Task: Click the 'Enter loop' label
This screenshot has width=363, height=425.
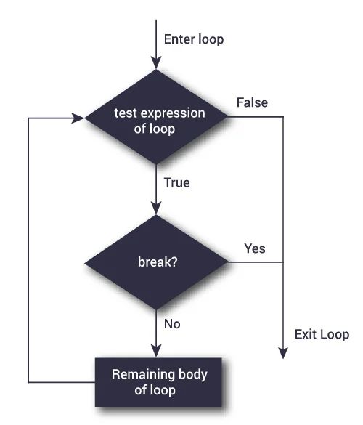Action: point(194,39)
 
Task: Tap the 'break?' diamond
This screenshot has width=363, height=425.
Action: point(156,261)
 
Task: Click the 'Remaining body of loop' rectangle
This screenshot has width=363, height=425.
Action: point(159,381)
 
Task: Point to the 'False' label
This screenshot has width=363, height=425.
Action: point(252,102)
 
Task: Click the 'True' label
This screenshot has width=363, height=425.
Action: point(177,183)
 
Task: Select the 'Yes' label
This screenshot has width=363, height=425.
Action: point(254,248)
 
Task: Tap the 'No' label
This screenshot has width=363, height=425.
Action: point(173,324)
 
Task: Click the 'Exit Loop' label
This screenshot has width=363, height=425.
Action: point(322,334)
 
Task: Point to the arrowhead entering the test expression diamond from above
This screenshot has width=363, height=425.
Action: point(156,63)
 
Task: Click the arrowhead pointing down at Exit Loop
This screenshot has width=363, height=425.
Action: point(282,352)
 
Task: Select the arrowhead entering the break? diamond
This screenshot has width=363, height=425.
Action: point(156,208)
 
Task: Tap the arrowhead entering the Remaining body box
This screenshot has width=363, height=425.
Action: point(156,349)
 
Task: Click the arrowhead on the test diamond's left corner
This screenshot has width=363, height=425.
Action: point(80,117)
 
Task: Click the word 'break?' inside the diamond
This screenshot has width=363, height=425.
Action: point(156,261)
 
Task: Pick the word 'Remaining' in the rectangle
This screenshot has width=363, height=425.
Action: point(137,374)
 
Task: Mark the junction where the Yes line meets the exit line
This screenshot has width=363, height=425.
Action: point(282,262)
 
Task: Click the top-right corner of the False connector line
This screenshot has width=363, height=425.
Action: point(282,117)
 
